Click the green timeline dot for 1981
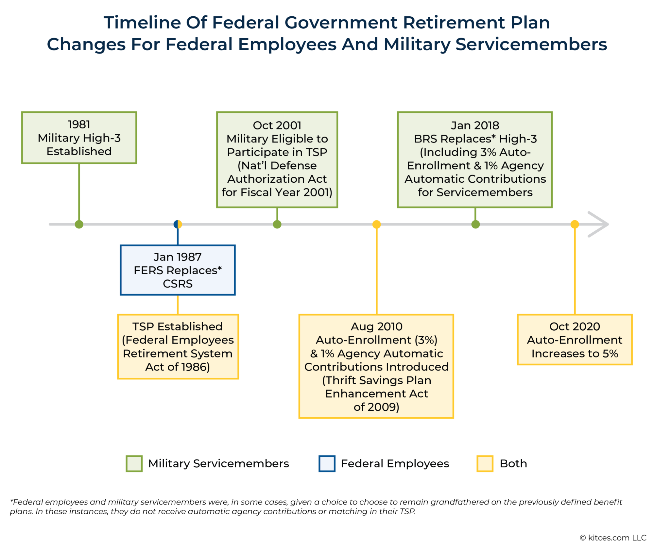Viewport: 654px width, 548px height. (x=79, y=224)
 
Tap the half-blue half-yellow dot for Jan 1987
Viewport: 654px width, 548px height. (x=178, y=224)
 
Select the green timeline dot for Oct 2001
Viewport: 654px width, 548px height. (x=277, y=224)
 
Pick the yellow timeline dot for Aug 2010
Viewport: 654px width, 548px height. (x=376, y=224)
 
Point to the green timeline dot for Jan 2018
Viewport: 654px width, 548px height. (x=475, y=224)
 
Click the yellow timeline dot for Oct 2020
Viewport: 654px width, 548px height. (x=575, y=224)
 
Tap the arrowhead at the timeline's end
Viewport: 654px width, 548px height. (x=600, y=224)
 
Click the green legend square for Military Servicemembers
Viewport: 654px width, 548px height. (x=134, y=463)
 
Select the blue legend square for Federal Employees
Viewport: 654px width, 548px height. (x=327, y=463)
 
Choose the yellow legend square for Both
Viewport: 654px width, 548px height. (x=485, y=463)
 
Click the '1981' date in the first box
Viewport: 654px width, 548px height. (x=79, y=125)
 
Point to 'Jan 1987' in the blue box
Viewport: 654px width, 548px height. (x=178, y=257)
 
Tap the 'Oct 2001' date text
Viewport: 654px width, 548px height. (x=277, y=125)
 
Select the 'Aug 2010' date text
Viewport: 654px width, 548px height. (x=376, y=326)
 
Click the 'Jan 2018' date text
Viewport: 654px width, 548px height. (x=475, y=125)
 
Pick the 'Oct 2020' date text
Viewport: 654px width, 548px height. (x=575, y=326)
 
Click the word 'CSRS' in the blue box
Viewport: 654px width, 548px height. (x=178, y=284)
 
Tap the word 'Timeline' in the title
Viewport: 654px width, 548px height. (x=142, y=23)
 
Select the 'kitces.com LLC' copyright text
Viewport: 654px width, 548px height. (x=617, y=538)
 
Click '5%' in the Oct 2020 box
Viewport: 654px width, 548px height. (x=610, y=353)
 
